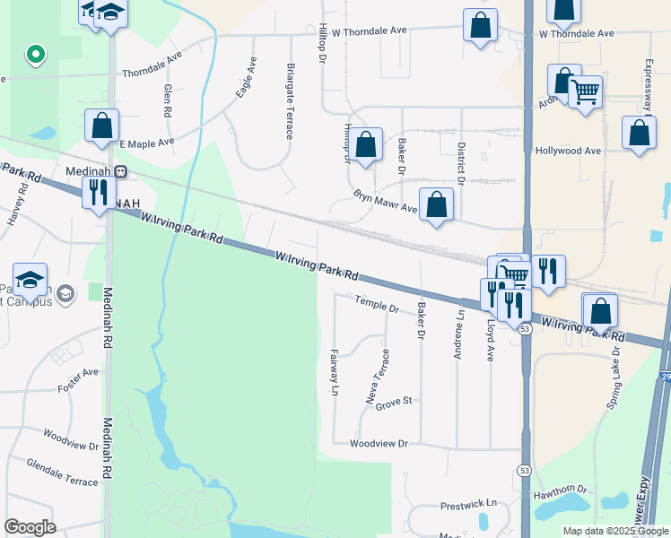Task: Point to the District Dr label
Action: pyautogui.click(x=461, y=162)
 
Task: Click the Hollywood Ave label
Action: pyautogui.click(x=567, y=151)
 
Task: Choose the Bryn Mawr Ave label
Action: pyautogui.click(x=386, y=202)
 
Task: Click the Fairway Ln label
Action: pyautogui.click(x=334, y=375)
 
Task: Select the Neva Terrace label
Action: pyautogui.click(x=377, y=377)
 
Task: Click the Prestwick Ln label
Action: pyautogui.click(x=467, y=505)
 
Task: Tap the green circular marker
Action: pyautogui.click(x=36, y=55)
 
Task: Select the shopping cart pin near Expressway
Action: pyautogui.click(x=585, y=91)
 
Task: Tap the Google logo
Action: pyautogui.click(x=30, y=527)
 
